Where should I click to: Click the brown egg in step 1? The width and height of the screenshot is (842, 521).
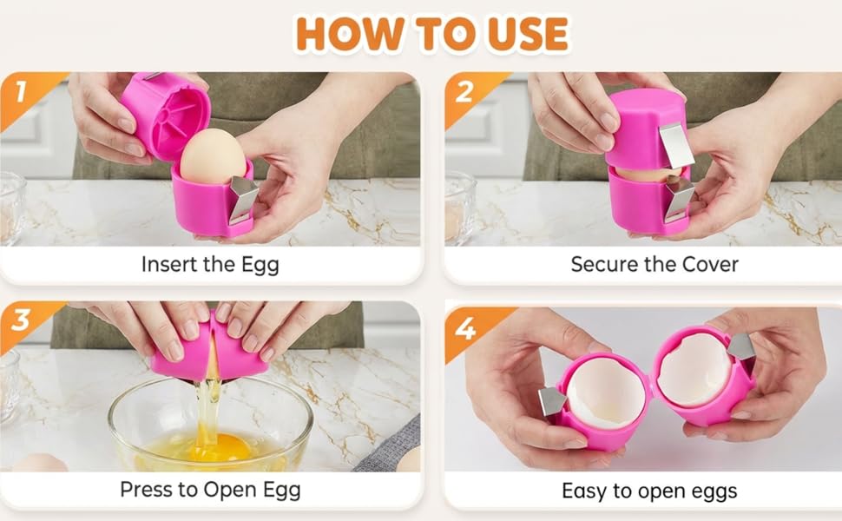pos(213,155)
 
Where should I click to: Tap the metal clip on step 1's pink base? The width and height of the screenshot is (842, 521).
pos(243,199)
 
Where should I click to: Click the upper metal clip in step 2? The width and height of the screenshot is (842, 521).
pos(675,145)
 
